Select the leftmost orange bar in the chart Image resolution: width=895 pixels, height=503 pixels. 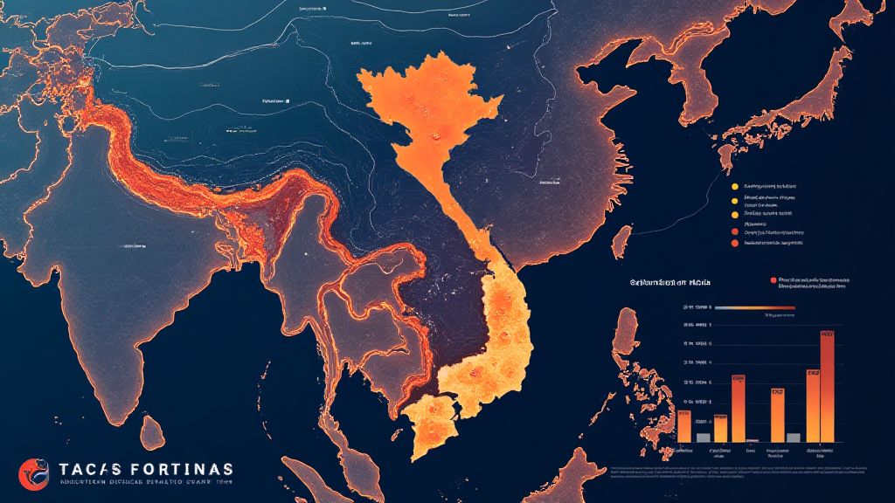point(683,425)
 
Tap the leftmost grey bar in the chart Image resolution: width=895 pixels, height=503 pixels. point(703,437)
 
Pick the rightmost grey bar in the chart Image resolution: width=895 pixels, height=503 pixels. point(794,437)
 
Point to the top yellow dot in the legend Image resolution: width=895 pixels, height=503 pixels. point(733,186)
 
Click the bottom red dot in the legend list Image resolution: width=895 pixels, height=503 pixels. point(733,245)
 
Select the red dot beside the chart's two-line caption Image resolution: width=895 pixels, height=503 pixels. point(773,280)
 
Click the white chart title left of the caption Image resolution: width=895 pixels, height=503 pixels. point(670,283)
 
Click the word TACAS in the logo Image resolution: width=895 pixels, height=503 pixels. point(91,468)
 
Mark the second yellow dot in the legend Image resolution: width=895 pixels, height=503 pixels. point(733,199)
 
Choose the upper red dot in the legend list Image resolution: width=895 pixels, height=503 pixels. point(733,232)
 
